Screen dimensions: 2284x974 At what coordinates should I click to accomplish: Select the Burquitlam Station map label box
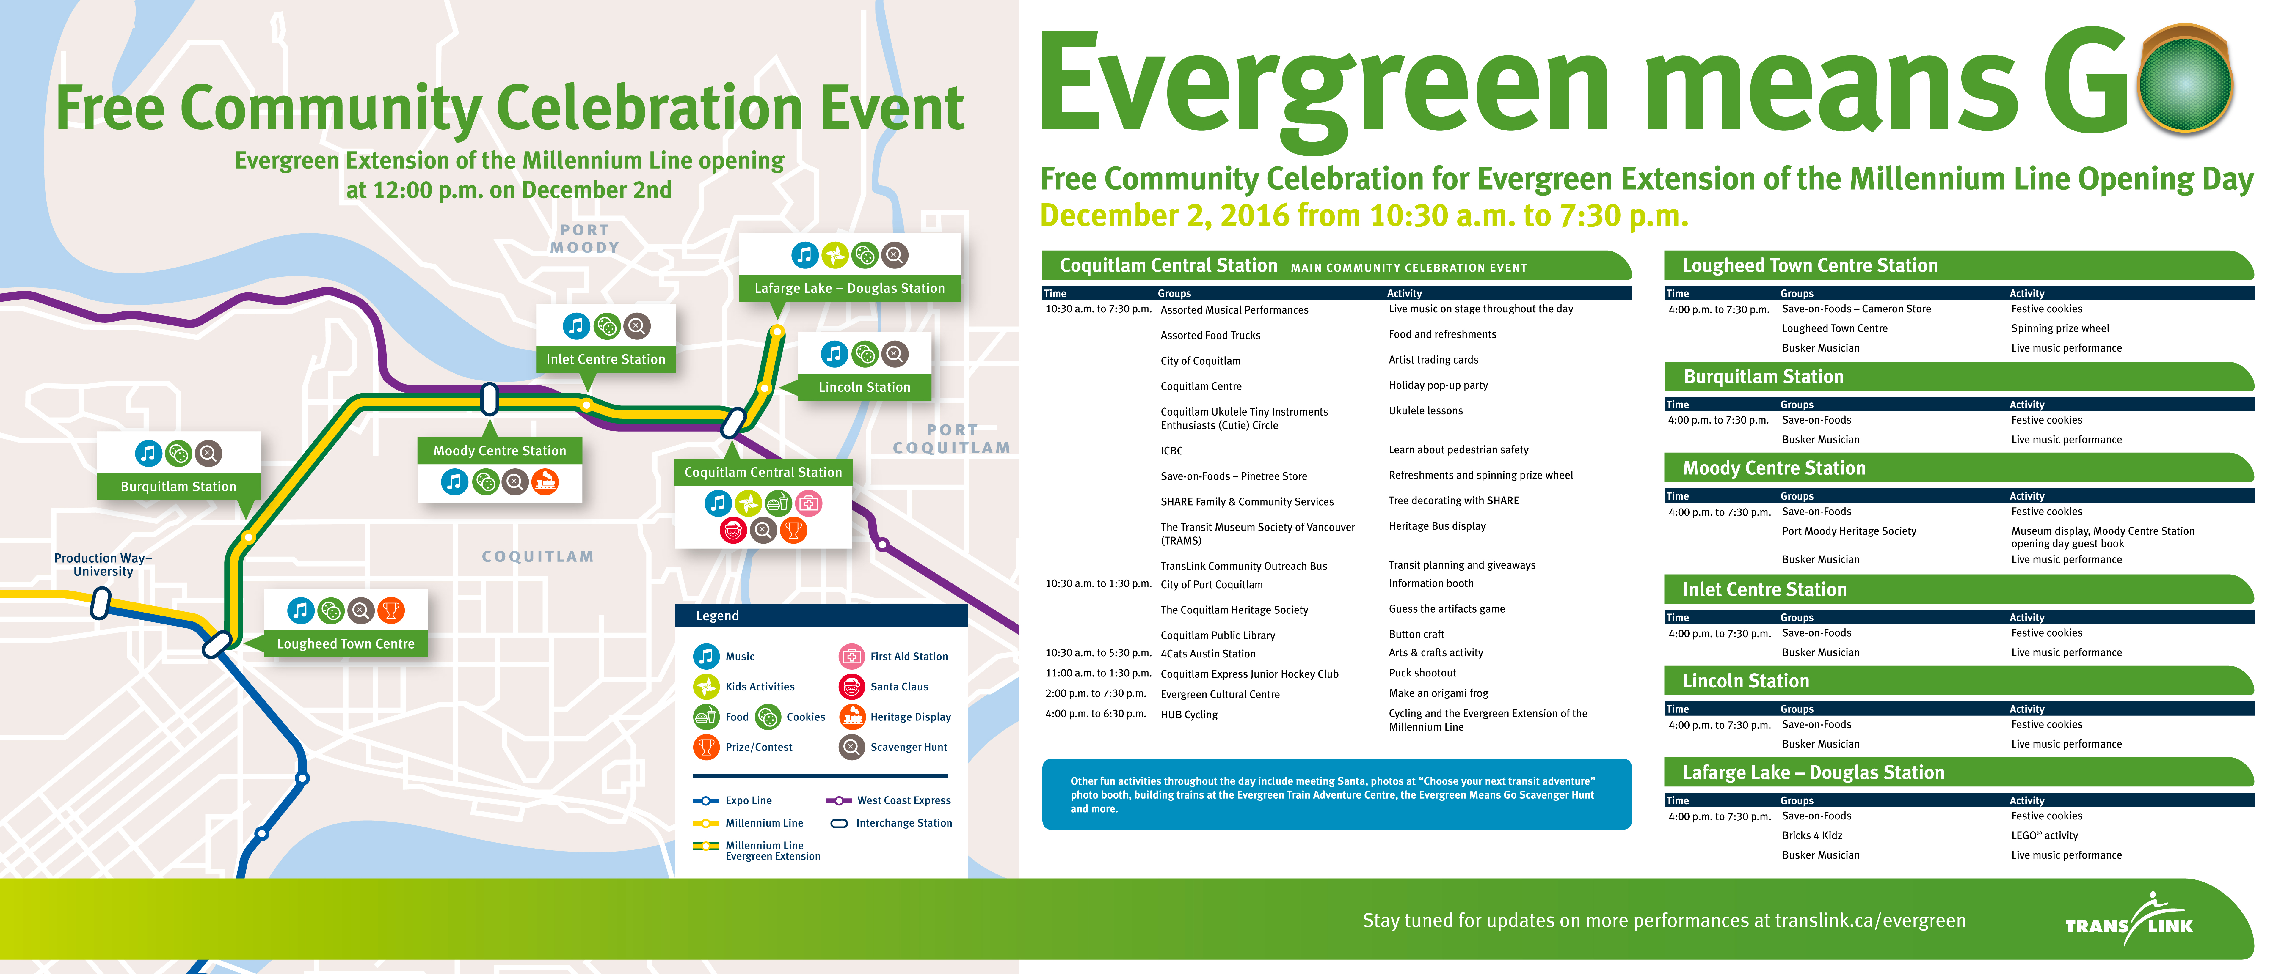(178, 487)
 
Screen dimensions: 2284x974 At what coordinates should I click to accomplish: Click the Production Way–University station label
(103, 564)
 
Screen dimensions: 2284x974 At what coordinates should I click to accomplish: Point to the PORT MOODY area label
(584, 238)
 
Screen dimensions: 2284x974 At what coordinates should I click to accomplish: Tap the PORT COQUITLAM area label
(951, 439)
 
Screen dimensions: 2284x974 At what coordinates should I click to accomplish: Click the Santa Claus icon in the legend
(851, 686)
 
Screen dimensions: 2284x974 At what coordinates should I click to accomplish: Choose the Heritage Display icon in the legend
(851, 716)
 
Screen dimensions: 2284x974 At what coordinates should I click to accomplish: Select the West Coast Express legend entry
(888, 800)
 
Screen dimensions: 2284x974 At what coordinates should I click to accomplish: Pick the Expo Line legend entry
(732, 800)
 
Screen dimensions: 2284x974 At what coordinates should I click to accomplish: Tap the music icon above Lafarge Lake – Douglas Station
(804, 255)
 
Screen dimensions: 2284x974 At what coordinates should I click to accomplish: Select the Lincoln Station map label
(865, 387)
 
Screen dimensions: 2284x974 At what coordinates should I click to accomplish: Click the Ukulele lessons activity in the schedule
(1426, 410)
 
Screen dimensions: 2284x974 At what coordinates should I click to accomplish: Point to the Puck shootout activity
(1422, 673)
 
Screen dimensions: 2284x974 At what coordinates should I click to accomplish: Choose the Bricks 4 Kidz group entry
(1811, 835)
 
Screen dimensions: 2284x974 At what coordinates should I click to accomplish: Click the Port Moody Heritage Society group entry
(1849, 531)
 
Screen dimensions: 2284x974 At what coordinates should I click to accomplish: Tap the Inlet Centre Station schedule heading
(1764, 589)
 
